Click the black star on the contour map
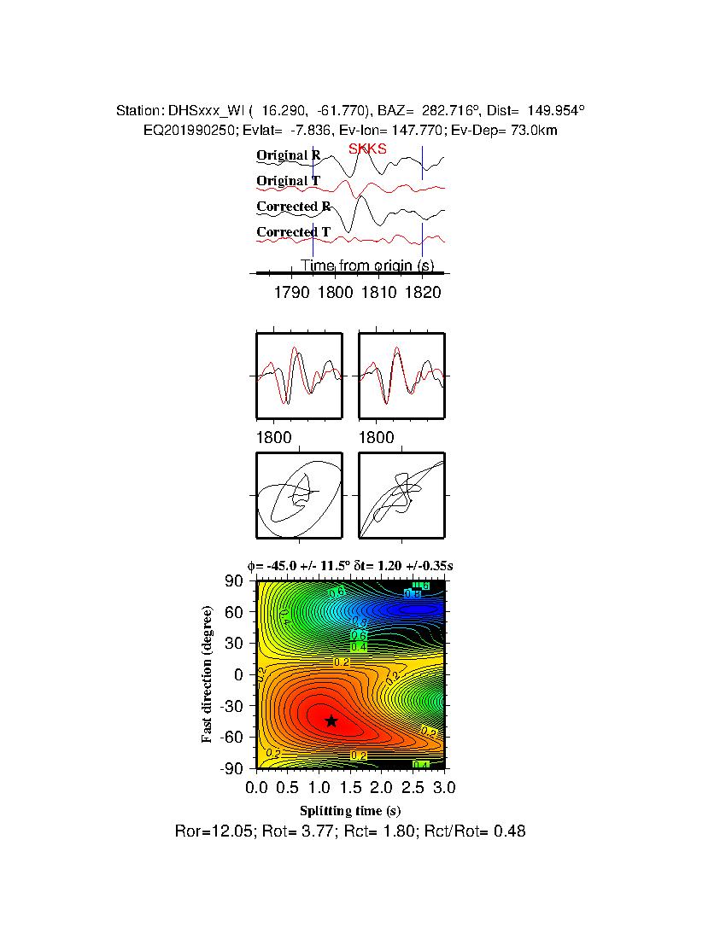pyautogui.click(x=331, y=720)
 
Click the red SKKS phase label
pyautogui.click(x=367, y=149)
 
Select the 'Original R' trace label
pyautogui.click(x=289, y=155)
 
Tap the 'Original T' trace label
pyautogui.click(x=289, y=181)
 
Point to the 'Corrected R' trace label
pyautogui.click(x=293, y=207)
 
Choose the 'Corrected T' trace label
pyautogui.click(x=293, y=232)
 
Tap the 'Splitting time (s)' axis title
pyautogui.click(x=350, y=810)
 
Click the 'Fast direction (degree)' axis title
pyautogui.click(x=208, y=674)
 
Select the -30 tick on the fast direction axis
pyautogui.click(x=232, y=706)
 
